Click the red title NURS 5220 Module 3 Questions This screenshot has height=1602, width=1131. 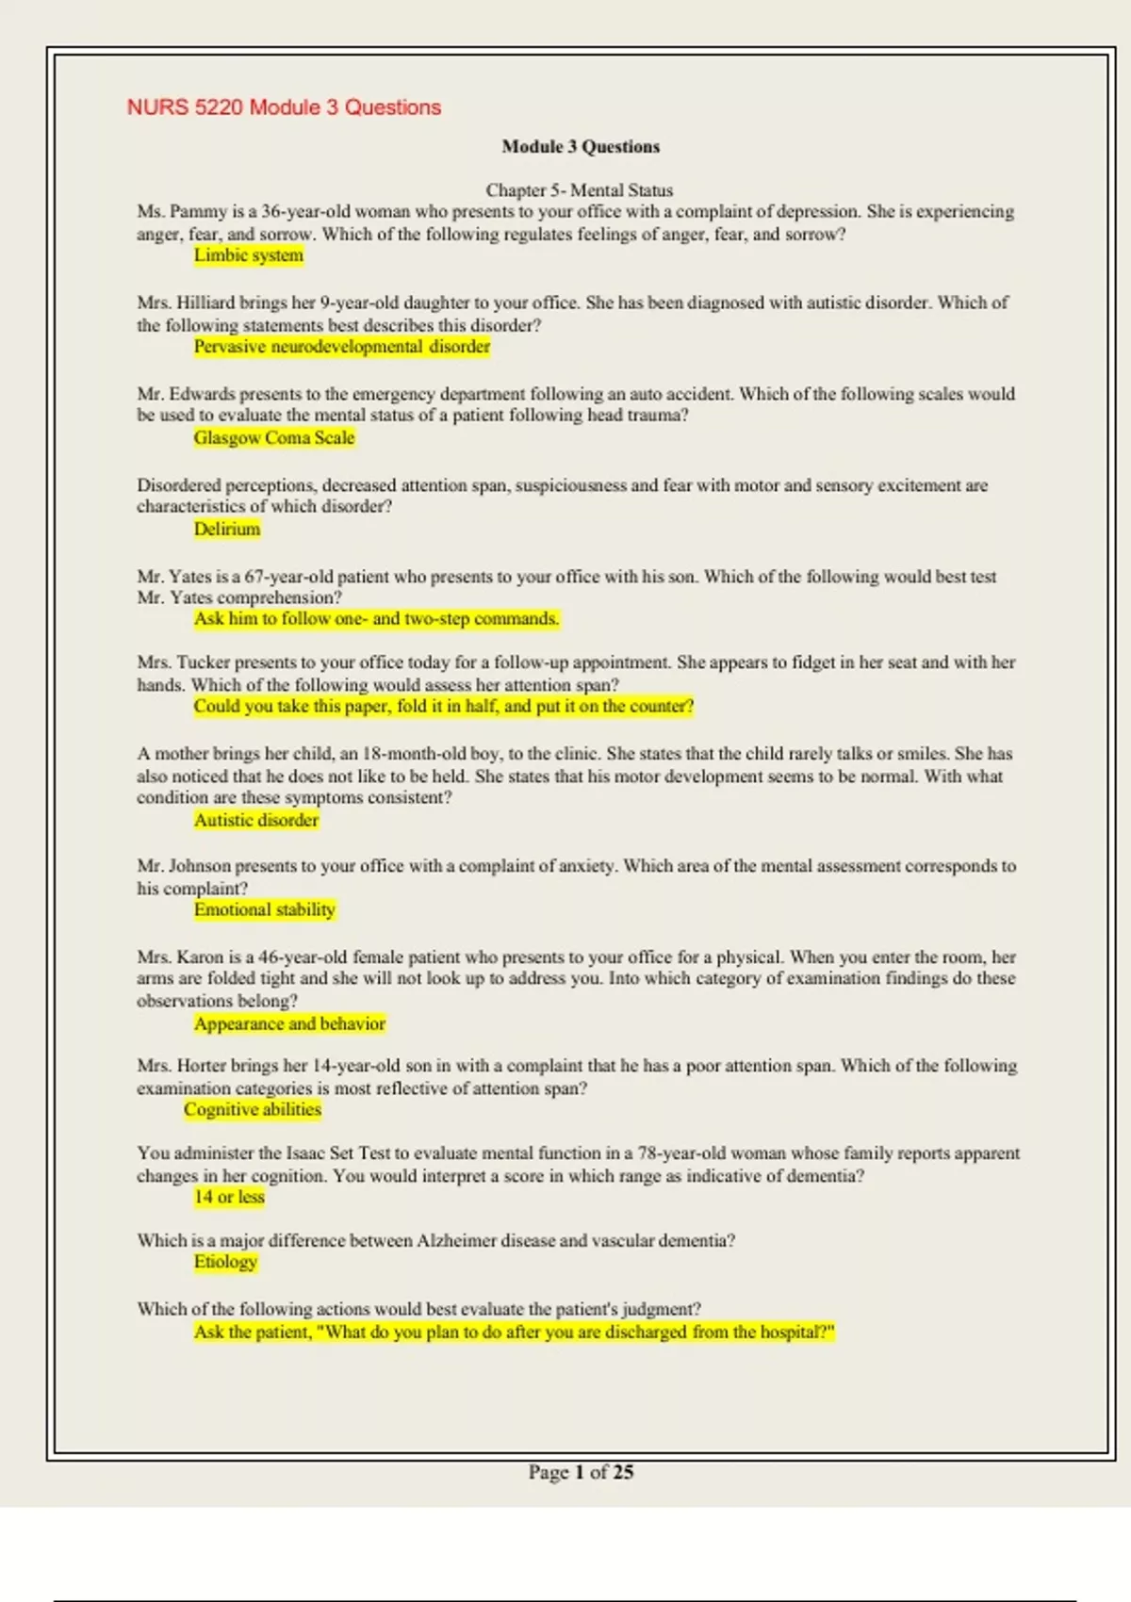(x=284, y=107)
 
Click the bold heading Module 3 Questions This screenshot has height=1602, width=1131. (x=581, y=147)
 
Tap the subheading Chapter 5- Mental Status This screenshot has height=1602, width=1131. (x=579, y=190)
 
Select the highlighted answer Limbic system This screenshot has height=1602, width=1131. (x=249, y=255)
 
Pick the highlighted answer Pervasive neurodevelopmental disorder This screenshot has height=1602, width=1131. (x=342, y=347)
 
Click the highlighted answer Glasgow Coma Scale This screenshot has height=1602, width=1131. (x=274, y=438)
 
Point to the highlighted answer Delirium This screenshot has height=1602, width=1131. (x=227, y=530)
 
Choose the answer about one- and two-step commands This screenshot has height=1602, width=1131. (x=376, y=619)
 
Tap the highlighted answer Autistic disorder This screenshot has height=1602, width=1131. (x=256, y=821)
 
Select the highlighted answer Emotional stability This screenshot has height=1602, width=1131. (x=265, y=910)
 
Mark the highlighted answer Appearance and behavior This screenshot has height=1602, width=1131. (x=289, y=1024)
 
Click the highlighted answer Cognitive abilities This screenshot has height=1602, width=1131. (x=253, y=1110)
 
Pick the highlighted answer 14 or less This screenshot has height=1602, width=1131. (x=229, y=1198)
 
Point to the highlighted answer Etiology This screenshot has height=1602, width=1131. (x=225, y=1263)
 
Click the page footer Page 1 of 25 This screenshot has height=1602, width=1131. (x=581, y=1473)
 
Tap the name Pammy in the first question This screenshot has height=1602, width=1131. (x=199, y=212)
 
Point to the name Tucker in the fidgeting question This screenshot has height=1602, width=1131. (x=204, y=663)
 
